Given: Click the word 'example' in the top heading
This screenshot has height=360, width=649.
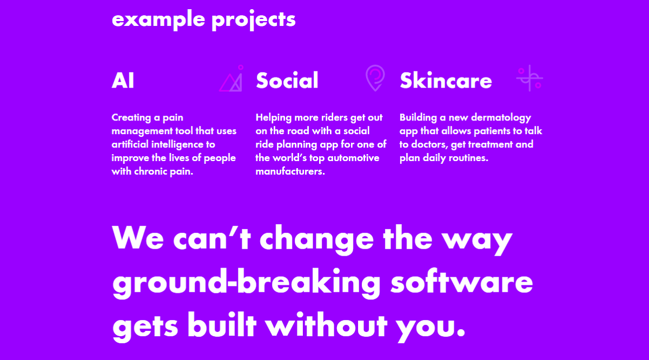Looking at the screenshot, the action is pos(158,19).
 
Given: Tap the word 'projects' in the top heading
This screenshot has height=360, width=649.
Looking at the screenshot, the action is pos(254,19).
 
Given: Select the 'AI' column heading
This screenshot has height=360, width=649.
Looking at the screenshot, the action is pos(123,80).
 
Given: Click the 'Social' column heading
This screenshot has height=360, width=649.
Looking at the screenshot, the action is pos(287,80).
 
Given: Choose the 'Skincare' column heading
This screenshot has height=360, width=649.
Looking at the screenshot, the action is pos(446,80).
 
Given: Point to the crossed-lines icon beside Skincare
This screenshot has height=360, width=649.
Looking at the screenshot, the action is pos(529,78).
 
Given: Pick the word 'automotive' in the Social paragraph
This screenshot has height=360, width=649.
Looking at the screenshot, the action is pos(353,158).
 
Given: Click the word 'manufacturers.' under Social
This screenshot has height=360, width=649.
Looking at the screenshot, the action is pos(290,171).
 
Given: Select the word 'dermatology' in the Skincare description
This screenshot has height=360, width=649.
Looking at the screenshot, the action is pos(501,118).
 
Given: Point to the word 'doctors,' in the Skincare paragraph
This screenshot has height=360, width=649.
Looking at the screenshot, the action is pos(429,144).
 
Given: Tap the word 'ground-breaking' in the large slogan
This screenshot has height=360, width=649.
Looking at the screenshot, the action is pos(246,283).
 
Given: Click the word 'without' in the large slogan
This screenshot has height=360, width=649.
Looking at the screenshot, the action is pos(326,325).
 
